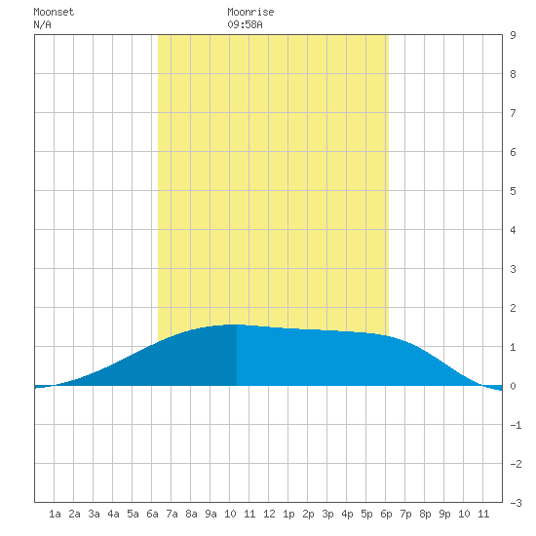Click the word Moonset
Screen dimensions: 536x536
(54, 12)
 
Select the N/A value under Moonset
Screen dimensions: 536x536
(42, 24)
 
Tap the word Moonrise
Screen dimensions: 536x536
(250, 12)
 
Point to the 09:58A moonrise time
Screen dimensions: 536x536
(245, 24)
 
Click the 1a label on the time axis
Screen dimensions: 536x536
(55, 514)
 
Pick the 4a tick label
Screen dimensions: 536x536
(113, 514)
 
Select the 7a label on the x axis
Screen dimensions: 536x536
(172, 514)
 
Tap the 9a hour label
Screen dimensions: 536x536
(211, 514)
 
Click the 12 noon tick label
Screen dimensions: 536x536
(269, 514)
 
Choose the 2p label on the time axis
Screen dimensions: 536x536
(308, 515)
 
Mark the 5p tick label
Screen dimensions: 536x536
(366, 515)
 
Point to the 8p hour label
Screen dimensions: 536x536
(425, 515)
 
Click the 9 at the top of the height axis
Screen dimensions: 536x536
(513, 35)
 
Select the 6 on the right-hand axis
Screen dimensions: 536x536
(513, 152)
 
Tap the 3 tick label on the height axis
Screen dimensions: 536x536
(513, 269)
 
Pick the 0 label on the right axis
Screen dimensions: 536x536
(513, 386)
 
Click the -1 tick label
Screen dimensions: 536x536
(516, 425)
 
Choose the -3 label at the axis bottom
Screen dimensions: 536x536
(516, 503)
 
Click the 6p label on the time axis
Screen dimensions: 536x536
(386, 515)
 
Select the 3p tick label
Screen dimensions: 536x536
(327, 515)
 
